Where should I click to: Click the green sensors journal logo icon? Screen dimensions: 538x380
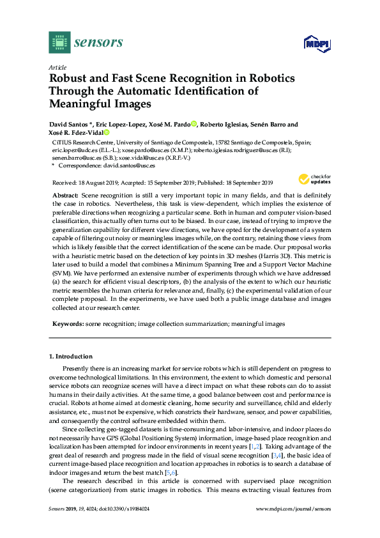(59, 43)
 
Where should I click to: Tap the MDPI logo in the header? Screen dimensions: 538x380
(311, 43)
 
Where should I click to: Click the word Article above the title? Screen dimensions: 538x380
(56, 66)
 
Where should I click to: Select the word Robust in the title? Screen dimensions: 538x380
(70, 79)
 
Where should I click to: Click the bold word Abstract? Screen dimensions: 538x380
(65, 194)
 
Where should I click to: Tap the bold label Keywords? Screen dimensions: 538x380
(67, 324)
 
